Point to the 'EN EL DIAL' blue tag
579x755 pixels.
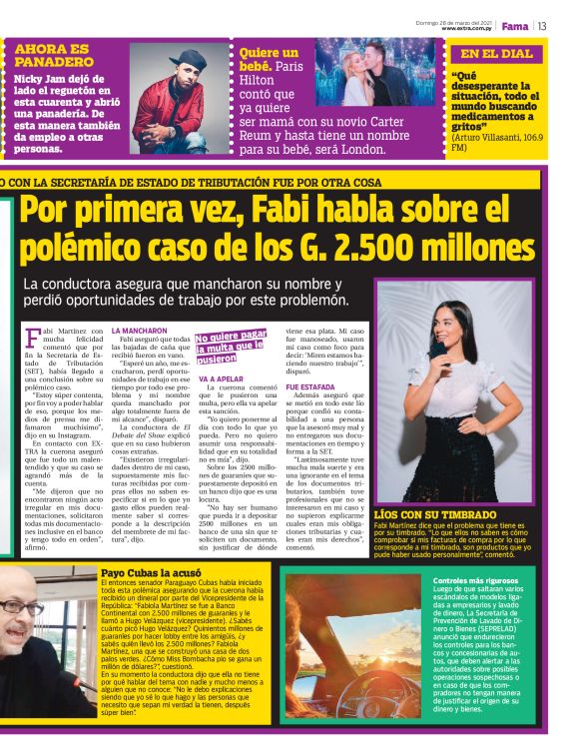click(x=496, y=54)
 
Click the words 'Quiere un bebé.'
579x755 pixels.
click(x=269, y=60)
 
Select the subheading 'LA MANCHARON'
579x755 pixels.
click(x=140, y=330)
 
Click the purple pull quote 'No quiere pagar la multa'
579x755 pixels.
click(x=231, y=346)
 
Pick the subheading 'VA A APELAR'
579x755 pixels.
click(x=221, y=379)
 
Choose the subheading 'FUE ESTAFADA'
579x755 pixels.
click(x=310, y=386)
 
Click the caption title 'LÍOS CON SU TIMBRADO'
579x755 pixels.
click(x=428, y=513)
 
